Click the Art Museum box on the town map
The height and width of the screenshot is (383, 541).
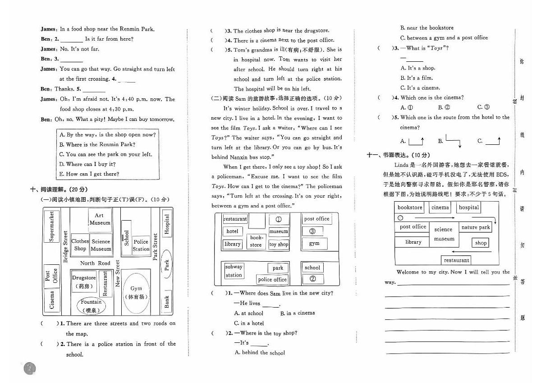click(100, 219)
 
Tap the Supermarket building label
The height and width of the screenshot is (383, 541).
click(52, 226)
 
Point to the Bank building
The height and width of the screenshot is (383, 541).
click(167, 302)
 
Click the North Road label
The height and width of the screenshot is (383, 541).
click(95, 263)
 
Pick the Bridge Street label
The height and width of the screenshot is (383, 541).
click(66, 247)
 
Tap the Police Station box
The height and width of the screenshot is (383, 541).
click(141, 245)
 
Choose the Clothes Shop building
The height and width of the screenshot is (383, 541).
click(80, 245)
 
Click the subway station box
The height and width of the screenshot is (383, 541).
click(234, 271)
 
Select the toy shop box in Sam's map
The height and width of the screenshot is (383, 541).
click(279, 244)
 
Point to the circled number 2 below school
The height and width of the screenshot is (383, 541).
click(313, 279)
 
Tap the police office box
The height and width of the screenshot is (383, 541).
click(272, 280)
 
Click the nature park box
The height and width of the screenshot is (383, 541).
click(476, 227)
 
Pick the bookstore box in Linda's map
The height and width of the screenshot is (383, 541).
click(410, 208)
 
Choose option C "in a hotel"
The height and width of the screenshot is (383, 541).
click(249, 323)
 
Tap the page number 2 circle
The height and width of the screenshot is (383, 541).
click(29, 369)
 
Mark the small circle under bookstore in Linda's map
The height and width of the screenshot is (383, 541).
click(400, 217)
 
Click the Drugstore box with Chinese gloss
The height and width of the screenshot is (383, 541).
click(84, 281)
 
